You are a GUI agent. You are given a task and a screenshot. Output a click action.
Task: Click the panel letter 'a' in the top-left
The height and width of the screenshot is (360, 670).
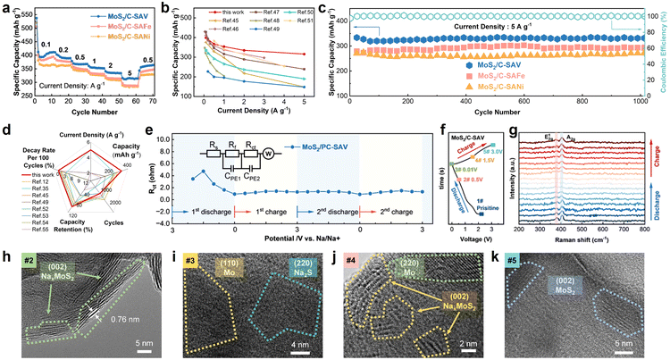7,8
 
